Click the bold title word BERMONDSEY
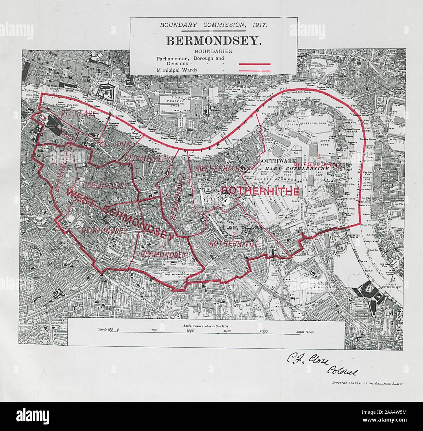213,41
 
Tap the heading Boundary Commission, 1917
213,25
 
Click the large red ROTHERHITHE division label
260,191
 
